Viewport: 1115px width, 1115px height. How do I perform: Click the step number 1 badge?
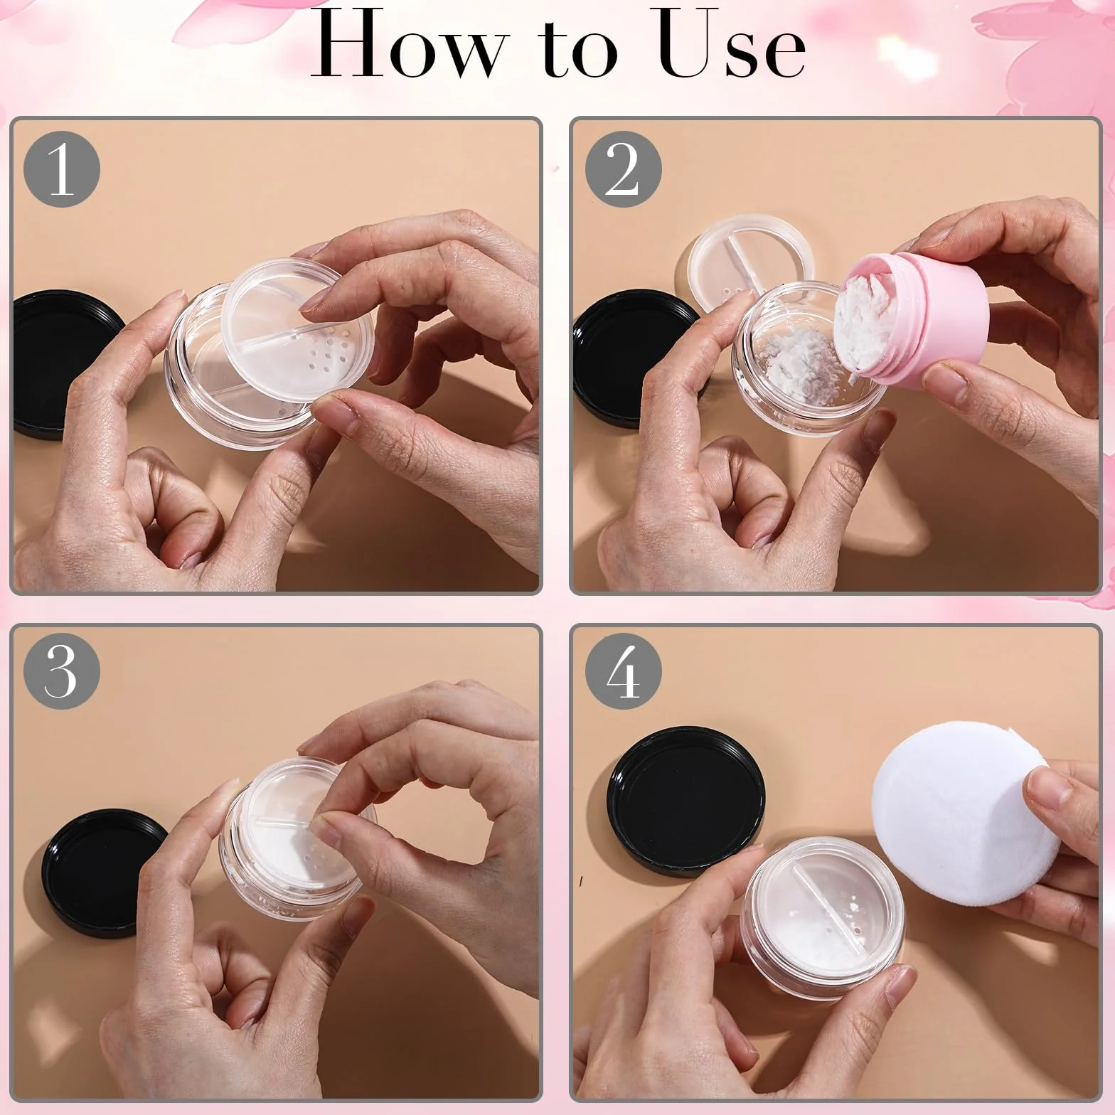pos(62,170)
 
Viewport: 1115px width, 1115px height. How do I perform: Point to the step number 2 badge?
pos(623,170)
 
